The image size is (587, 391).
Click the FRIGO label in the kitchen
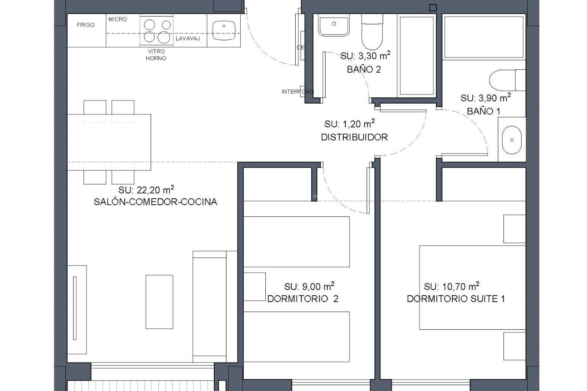click(x=86, y=25)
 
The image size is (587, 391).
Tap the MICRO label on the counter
click(x=117, y=19)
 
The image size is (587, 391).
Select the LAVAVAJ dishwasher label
click(x=188, y=38)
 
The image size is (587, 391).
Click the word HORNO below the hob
click(x=156, y=58)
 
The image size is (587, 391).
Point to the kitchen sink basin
click(x=224, y=30)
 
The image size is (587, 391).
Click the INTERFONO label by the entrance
click(x=297, y=92)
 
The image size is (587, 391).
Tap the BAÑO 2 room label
click(x=364, y=70)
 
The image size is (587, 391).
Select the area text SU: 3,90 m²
click(x=485, y=98)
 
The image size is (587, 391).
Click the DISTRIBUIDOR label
click(x=354, y=137)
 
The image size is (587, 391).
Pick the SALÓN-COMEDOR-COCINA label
click(x=155, y=202)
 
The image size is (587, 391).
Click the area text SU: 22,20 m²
click(x=146, y=190)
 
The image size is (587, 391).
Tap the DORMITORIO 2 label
click(x=303, y=299)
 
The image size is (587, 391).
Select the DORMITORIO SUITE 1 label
click(x=456, y=299)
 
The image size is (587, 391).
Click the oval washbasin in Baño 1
click(x=512, y=140)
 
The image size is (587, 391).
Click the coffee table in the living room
click(x=159, y=302)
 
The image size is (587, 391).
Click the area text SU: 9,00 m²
click(x=309, y=287)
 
